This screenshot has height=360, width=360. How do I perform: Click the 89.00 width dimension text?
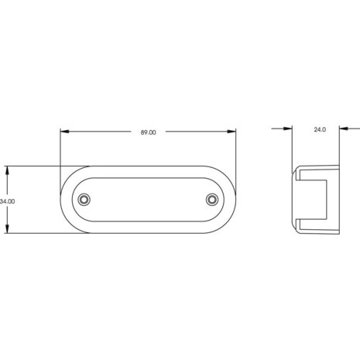pos(149,132)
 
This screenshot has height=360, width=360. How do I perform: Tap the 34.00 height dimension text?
pos(7,201)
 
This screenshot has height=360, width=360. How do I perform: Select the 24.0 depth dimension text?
pos(320,129)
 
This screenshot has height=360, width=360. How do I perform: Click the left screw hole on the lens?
pos(84,200)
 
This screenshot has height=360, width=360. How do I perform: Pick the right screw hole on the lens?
pos(212,200)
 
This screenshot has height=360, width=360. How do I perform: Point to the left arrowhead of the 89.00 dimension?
pos(64,132)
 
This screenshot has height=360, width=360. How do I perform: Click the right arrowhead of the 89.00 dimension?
pos(231,132)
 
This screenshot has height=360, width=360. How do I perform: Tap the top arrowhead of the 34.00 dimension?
pos(7,170)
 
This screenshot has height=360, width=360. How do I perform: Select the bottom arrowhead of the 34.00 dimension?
pos(7,229)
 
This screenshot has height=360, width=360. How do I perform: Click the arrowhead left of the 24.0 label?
pos(288,129)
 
